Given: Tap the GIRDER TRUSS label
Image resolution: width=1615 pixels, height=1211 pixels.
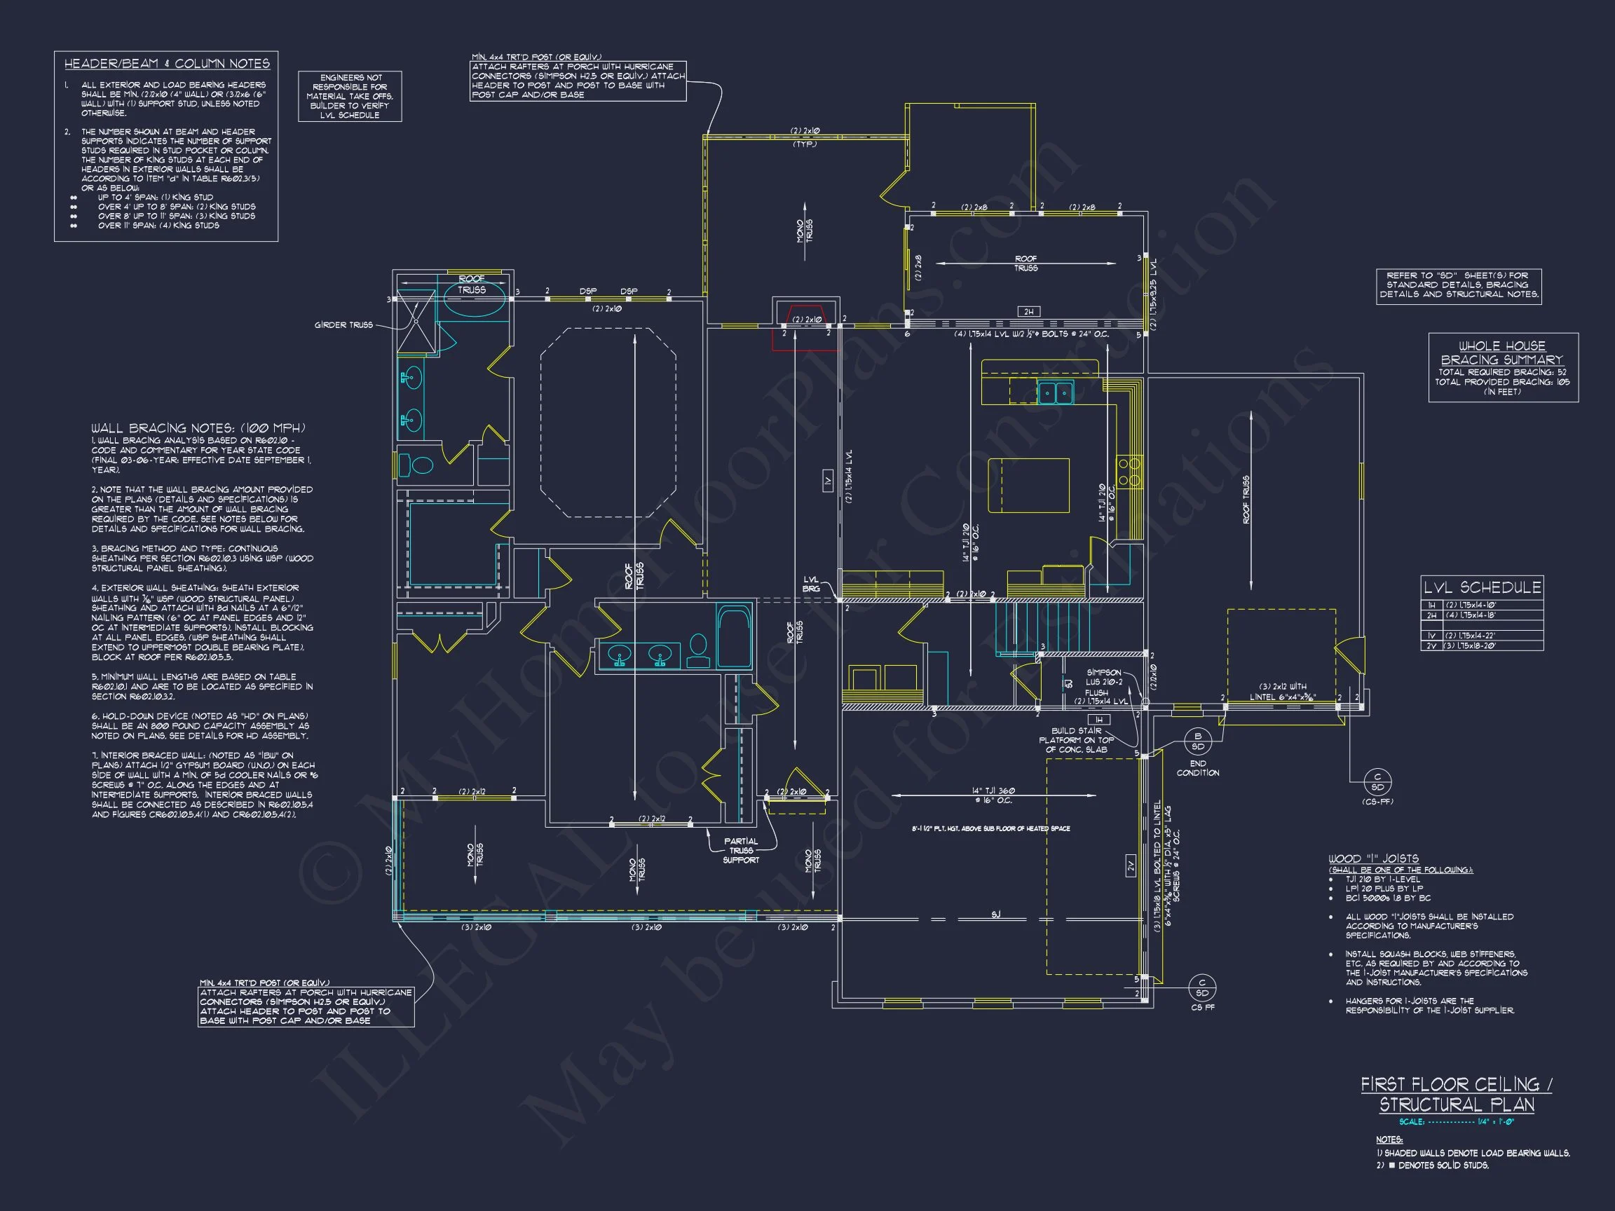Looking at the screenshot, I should tap(343, 325).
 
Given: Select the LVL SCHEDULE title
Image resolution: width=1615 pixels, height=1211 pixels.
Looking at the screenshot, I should tap(1481, 587).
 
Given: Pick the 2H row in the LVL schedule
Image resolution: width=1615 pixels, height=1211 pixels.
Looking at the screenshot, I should tap(1481, 615).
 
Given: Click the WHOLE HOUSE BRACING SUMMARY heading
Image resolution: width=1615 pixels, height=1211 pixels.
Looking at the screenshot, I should tap(1502, 353).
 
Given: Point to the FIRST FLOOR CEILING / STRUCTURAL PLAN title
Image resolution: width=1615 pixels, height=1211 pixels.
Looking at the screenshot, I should tap(1456, 1095).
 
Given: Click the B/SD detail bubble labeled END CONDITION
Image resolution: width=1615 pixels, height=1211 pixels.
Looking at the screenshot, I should tap(1197, 741).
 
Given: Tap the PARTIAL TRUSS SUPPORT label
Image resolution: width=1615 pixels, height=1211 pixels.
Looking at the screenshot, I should tap(741, 850).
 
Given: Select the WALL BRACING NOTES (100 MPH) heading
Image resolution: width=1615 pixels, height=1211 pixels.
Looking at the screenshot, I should tap(198, 428).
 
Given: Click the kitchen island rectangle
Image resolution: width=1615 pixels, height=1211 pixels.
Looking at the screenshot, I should tap(1029, 486).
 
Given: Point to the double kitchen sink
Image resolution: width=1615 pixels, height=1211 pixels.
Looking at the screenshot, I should tap(1055, 392).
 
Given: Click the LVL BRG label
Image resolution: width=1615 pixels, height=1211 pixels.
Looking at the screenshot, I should tap(811, 584).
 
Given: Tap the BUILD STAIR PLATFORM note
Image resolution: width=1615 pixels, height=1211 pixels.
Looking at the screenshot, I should tap(1077, 740).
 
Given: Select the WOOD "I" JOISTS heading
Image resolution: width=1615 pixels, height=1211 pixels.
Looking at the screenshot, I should tap(1373, 858).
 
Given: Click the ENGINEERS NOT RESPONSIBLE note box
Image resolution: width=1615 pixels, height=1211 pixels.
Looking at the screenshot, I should tap(350, 96).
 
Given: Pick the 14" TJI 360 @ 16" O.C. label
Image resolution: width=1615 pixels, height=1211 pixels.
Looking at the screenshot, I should tap(993, 795).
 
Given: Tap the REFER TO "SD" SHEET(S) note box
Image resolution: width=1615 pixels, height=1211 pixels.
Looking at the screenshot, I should tap(1459, 285).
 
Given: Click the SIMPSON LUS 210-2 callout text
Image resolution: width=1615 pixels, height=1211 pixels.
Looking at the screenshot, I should tap(1103, 678).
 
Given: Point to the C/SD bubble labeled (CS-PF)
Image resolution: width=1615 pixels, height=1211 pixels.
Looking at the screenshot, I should tap(1377, 783).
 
